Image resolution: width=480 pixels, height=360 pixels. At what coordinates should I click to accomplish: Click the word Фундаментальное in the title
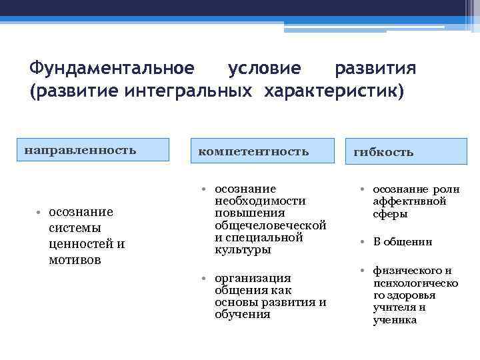pyautogui.click(x=112, y=69)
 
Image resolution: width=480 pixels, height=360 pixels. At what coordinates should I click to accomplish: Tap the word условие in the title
pyautogui.click(x=264, y=69)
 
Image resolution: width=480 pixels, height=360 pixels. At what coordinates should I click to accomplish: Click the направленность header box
pyautogui.click(x=93, y=149)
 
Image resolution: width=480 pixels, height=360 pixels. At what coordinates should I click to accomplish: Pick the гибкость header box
pyautogui.click(x=407, y=152)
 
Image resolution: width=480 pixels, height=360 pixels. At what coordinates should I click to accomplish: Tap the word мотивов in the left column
pyautogui.click(x=75, y=259)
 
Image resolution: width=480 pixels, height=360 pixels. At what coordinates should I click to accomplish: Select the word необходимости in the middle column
pyautogui.click(x=260, y=201)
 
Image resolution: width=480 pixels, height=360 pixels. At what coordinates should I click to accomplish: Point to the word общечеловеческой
pyautogui.click(x=270, y=225)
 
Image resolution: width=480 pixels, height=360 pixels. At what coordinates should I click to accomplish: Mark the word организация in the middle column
pyautogui.click(x=253, y=278)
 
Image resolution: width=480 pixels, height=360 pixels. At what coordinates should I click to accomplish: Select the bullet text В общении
pyautogui.click(x=403, y=242)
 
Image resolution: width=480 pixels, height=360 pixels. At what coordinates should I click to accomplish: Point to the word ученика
pyautogui.click(x=395, y=319)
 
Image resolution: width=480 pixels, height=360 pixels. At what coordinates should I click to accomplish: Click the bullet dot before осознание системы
pyautogui.click(x=39, y=212)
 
